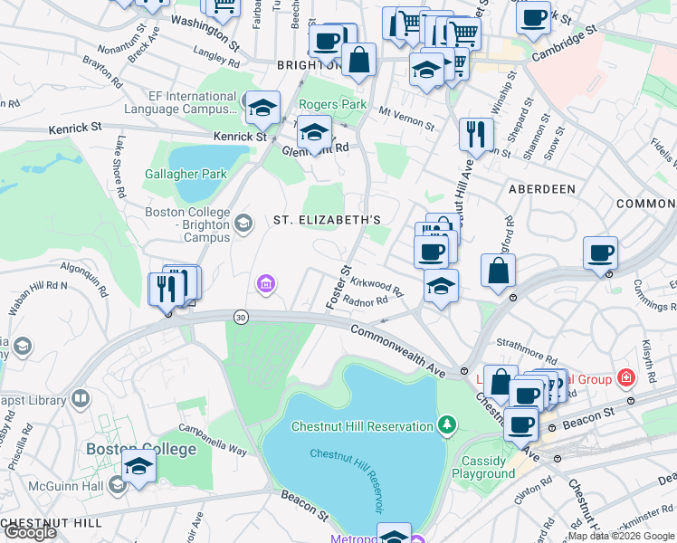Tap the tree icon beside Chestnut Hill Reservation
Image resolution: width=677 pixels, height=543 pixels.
[x=445, y=424]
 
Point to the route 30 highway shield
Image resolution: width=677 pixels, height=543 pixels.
[x=240, y=317]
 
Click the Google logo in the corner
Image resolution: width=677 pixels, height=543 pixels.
[x=30, y=532]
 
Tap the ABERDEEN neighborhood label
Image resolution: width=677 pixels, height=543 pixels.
[x=542, y=189]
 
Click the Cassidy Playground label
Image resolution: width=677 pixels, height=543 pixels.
[x=483, y=467]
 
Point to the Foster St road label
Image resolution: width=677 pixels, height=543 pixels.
[x=338, y=287]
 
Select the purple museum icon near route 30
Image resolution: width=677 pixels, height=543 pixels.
[x=263, y=286]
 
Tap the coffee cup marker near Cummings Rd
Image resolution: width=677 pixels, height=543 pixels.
[x=600, y=252]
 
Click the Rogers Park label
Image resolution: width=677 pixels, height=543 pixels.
[x=332, y=104]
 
